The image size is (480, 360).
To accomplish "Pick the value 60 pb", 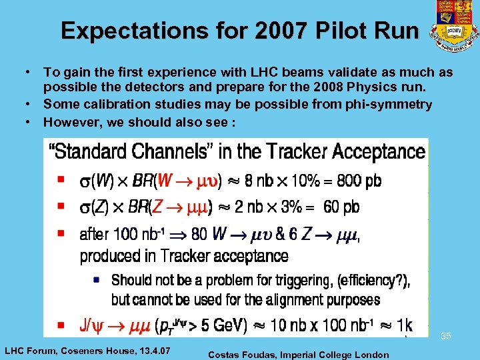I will [x=341, y=207].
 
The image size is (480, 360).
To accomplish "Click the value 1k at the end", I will [x=403, y=325].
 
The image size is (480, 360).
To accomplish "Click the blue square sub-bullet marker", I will [x=97, y=281].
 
